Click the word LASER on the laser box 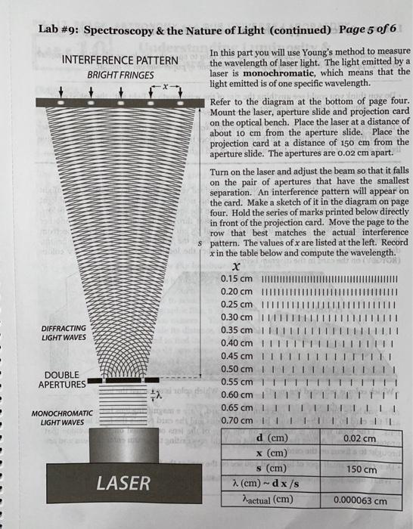pyautogui.click(x=123, y=482)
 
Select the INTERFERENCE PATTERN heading pyautogui.click(x=120, y=60)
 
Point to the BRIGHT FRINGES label pyautogui.click(x=120, y=76)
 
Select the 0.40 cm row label pyautogui.click(x=237, y=343)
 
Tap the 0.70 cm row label pyautogui.click(x=237, y=419)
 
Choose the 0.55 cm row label pyautogui.click(x=237, y=382)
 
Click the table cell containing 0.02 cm pyautogui.click(x=359, y=438)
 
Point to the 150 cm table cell pyautogui.click(x=359, y=469)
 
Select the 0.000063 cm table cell pyautogui.click(x=359, y=500)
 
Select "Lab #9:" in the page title pyautogui.click(x=59, y=30)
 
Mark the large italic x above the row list pyautogui.click(x=237, y=267)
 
